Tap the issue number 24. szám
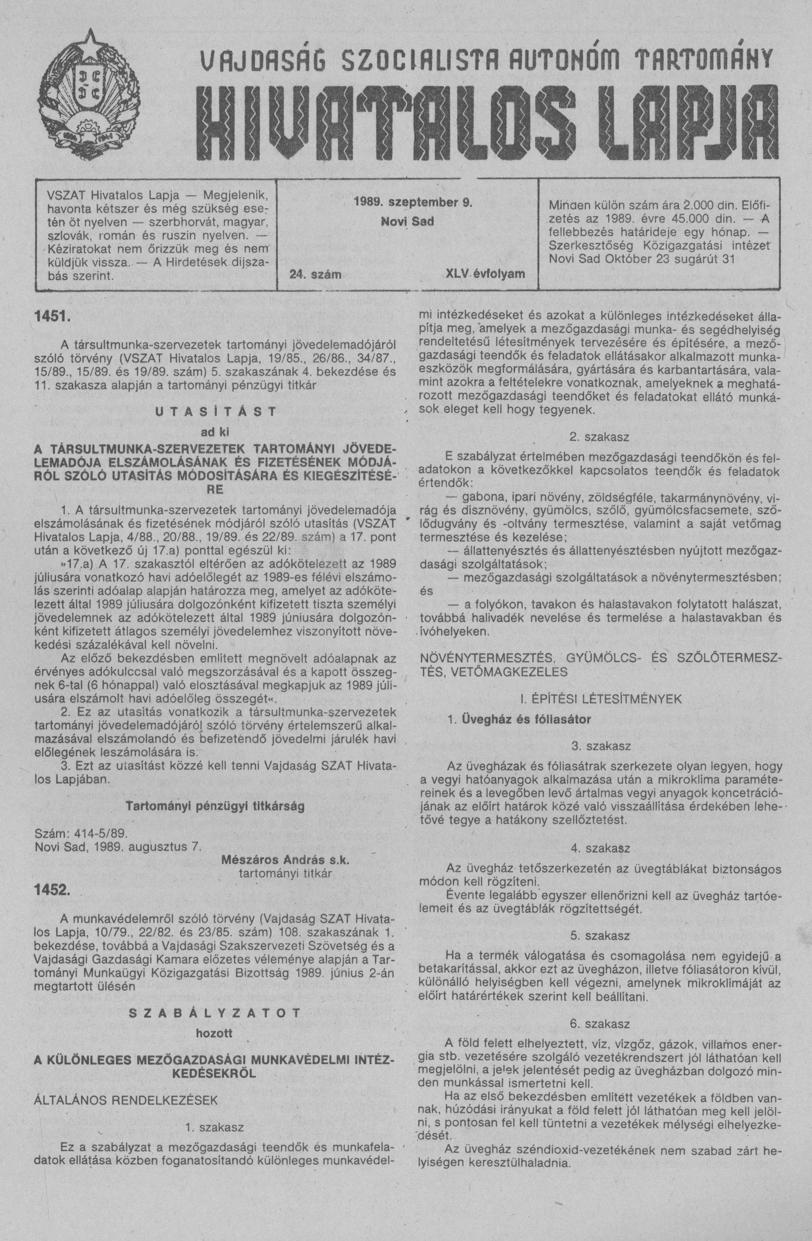(x=311, y=274)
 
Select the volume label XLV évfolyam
(x=485, y=273)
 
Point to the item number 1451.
(x=51, y=316)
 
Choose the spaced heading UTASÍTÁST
(x=215, y=411)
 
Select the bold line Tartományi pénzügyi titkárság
(x=215, y=806)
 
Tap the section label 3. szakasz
(x=600, y=746)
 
